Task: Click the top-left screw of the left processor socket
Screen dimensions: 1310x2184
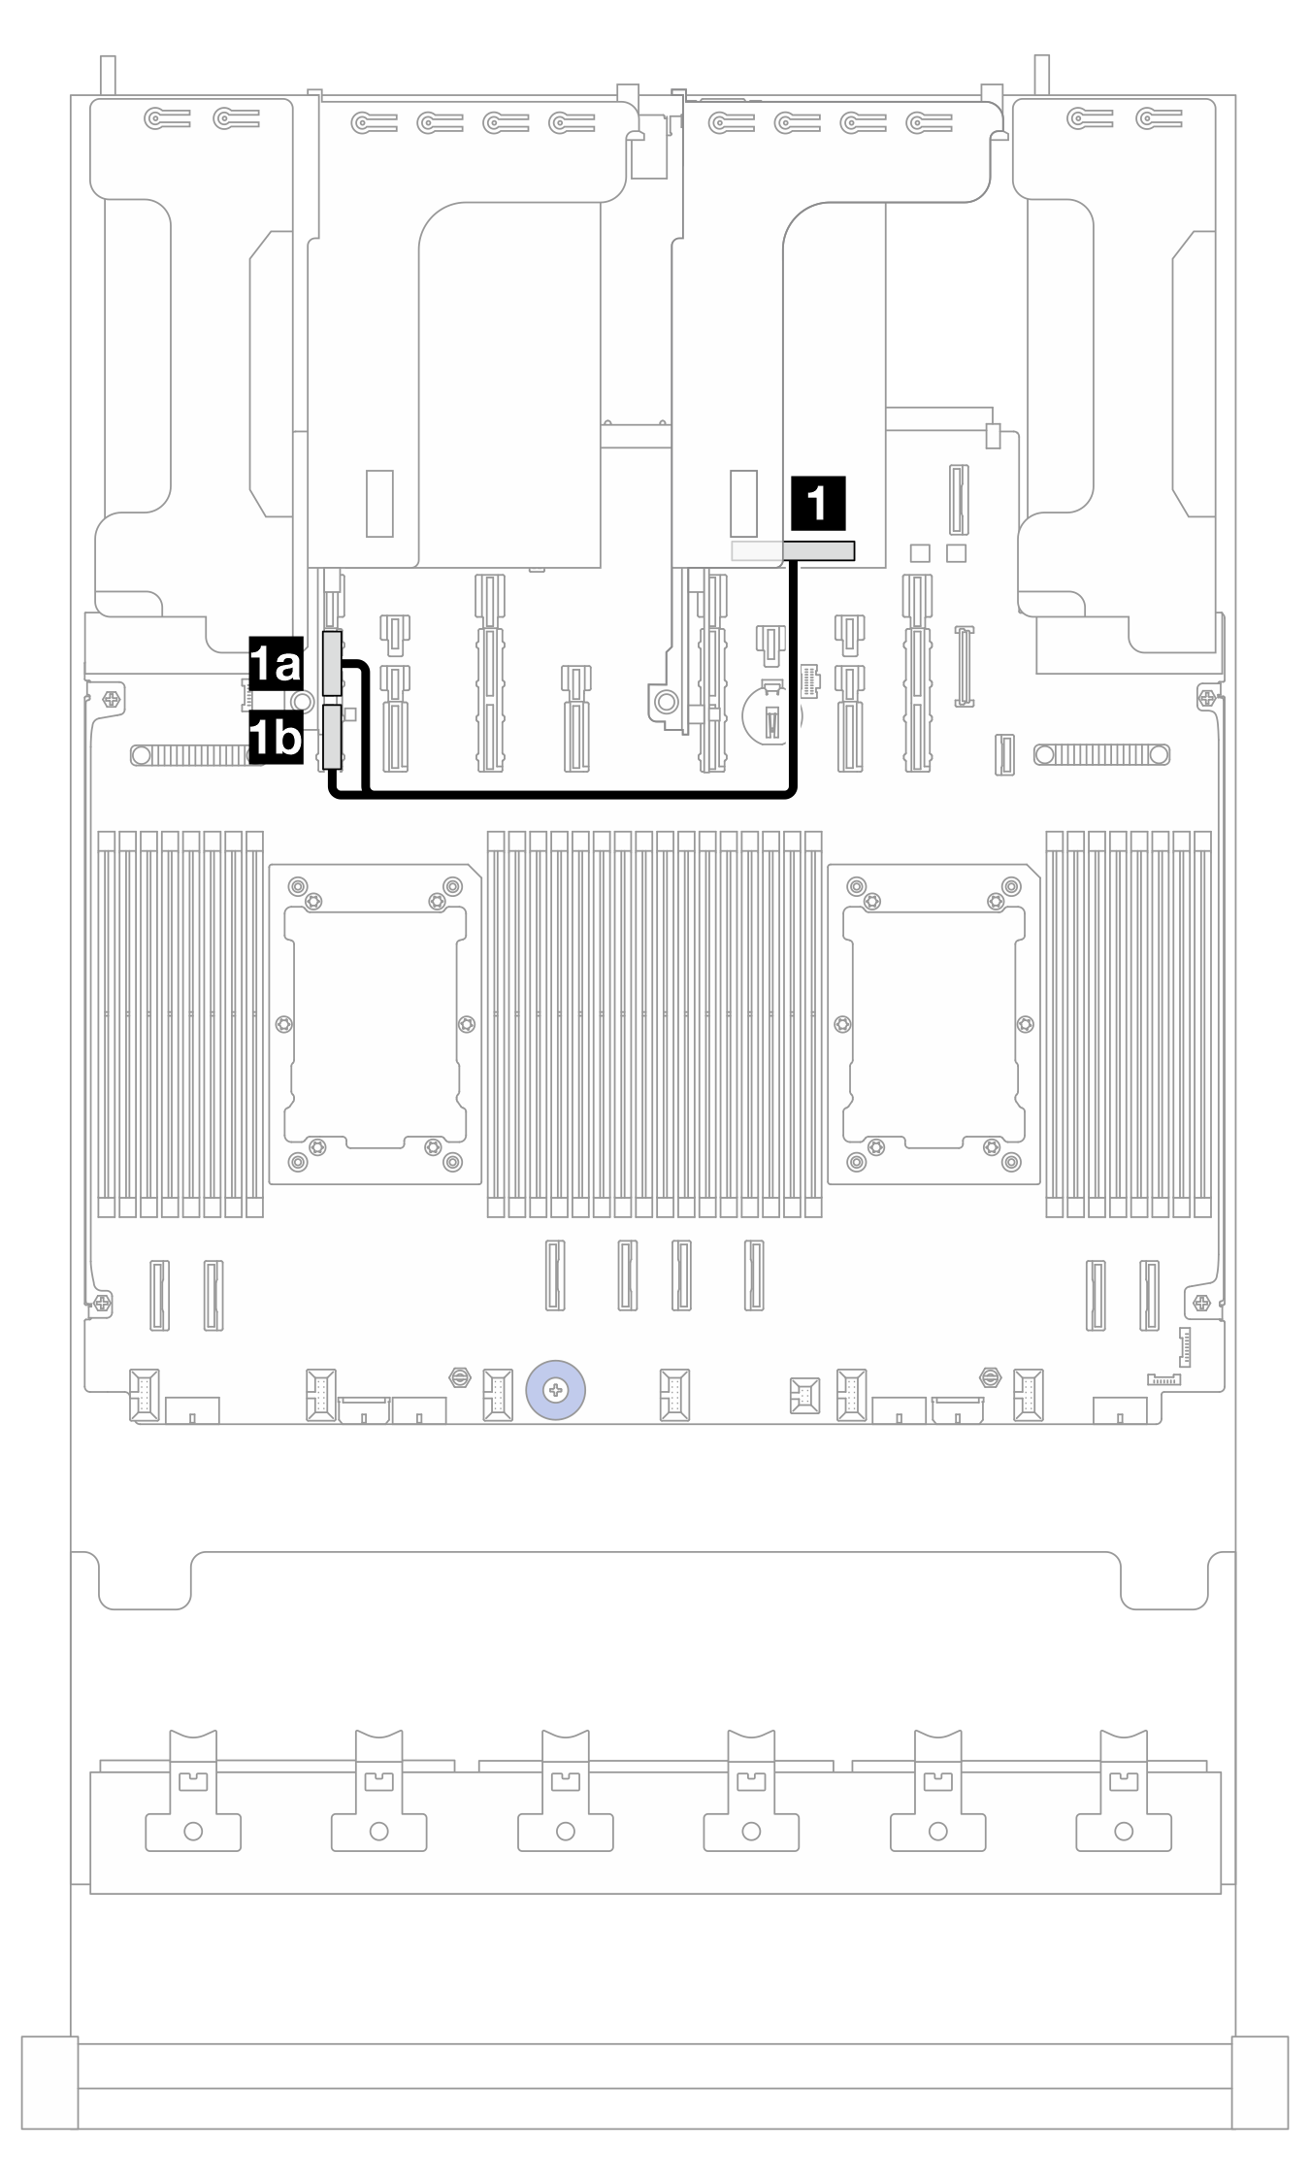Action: (x=298, y=884)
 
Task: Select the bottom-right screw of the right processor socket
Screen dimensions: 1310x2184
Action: (x=1011, y=1162)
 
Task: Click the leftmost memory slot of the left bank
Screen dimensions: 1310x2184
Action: (x=106, y=1024)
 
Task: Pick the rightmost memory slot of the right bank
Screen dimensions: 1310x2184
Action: (x=1203, y=1024)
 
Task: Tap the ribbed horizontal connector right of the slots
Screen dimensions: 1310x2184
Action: (x=1102, y=754)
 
